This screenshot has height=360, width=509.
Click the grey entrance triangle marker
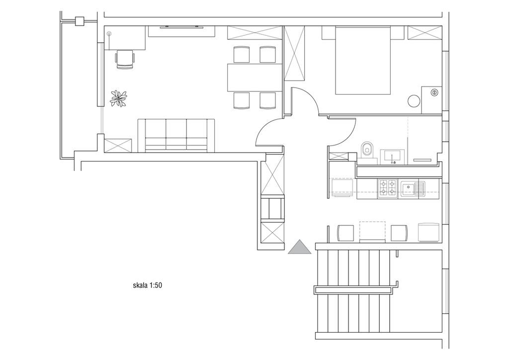click(299, 247)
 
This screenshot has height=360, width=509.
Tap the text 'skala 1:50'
click(147, 285)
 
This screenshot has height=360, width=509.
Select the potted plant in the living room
click(118, 98)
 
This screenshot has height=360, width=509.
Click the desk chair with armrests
click(125, 59)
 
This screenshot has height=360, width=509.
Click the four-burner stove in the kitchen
click(387, 188)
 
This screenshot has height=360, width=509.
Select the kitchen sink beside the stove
click(412, 188)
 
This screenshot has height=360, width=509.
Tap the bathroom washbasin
click(393, 157)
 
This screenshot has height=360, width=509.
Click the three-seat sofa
click(176, 135)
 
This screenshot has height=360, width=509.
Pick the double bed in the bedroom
click(362, 61)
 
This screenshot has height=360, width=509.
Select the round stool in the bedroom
click(414, 101)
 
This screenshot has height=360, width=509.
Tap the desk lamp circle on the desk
click(109, 33)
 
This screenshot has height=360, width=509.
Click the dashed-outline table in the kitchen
click(372, 231)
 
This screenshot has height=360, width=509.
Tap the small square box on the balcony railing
click(80, 21)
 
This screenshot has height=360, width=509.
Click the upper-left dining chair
click(242, 55)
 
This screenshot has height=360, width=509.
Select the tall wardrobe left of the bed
click(294, 53)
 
